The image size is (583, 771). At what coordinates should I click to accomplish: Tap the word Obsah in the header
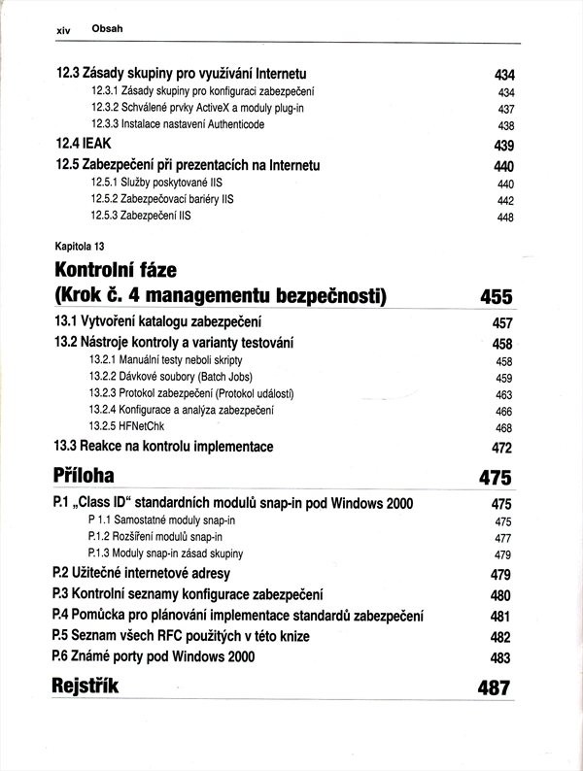click(107, 29)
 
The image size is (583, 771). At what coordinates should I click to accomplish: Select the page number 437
click(504, 110)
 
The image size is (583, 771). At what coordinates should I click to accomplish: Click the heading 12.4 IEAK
click(84, 144)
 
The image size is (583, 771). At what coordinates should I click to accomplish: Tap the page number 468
click(503, 428)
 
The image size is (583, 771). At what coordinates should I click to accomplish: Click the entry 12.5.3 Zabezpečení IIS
click(141, 216)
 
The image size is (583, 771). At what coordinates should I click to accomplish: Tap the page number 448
click(504, 218)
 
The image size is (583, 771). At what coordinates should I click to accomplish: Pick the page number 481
click(500, 617)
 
